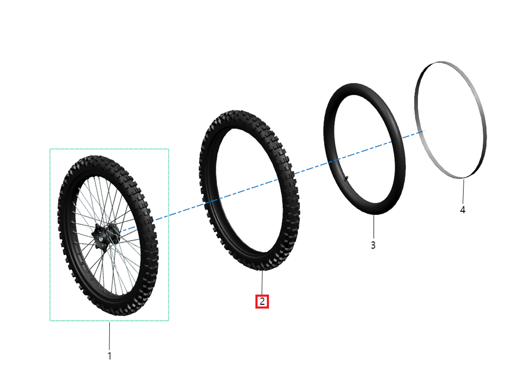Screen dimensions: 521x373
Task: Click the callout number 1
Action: pos(109,356)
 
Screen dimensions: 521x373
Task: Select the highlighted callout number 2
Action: pos(262,301)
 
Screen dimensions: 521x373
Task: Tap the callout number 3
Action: pos(373,245)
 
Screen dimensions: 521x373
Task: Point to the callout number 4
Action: pos(462,210)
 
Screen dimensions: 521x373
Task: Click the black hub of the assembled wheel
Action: pos(106,235)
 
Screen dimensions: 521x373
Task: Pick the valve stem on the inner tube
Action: pos(346,178)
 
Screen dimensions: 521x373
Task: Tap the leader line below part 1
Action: pos(109,336)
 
